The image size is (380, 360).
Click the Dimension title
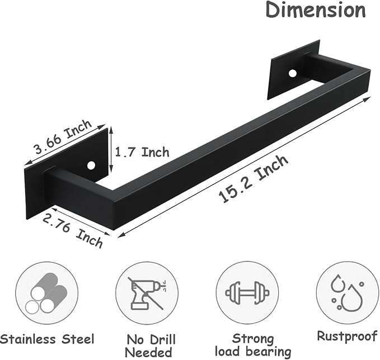316,10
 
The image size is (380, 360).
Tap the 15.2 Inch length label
254,179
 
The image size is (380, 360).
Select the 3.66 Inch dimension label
63,136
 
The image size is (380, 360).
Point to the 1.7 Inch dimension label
142,152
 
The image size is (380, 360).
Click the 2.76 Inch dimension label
73,231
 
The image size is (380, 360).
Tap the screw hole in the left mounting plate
91,165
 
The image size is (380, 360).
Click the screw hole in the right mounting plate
293,74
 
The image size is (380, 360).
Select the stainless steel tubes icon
46,293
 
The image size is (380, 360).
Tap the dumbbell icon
247,293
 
